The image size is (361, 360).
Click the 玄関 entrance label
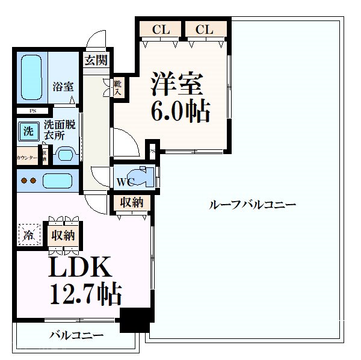pyautogui.click(x=96, y=60)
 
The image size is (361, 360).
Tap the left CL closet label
pyautogui.click(x=159, y=29)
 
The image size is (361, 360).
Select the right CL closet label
pyautogui.click(x=204, y=29)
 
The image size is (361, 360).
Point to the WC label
pyautogui.click(x=124, y=182)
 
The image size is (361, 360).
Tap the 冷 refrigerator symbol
pyautogui.click(x=29, y=234)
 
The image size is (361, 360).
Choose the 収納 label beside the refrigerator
pyautogui.click(x=63, y=235)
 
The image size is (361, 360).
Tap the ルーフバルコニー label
pyautogui.click(x=252, y=205)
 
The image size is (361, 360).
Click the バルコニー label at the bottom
pyautogui.click(x=76, y=335)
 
